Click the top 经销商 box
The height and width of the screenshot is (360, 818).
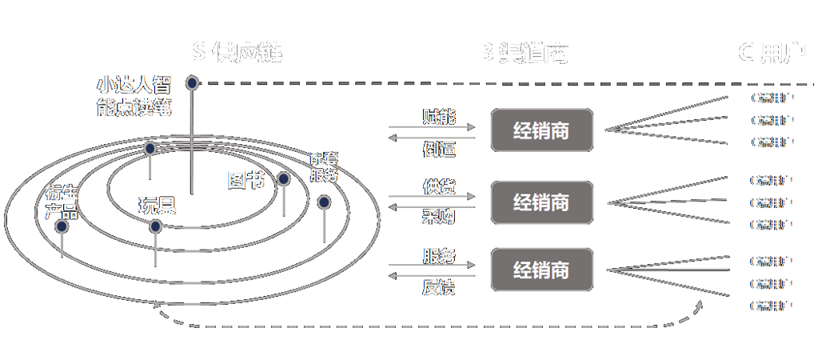541,130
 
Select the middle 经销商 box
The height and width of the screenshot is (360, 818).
541,202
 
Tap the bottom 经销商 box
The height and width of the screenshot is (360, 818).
541,270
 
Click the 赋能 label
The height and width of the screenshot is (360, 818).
439,117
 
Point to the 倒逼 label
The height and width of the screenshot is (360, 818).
439,150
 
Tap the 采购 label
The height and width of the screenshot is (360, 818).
439,220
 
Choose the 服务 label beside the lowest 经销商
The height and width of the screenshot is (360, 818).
439,256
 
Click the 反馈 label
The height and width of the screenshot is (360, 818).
439,286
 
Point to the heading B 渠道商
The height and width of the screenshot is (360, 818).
525,51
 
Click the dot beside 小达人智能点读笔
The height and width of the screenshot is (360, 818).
192,82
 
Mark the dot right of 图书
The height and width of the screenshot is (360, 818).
284,180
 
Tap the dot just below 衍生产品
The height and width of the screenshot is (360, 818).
62,227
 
